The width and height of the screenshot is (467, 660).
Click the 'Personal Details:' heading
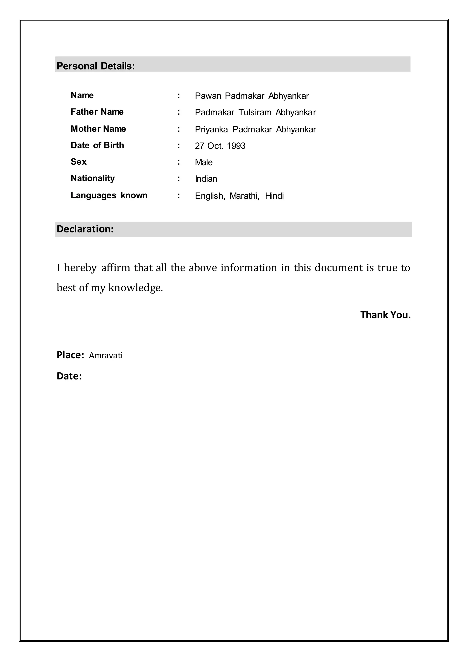point(96,66)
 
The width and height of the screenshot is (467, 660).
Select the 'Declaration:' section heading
point(85,229)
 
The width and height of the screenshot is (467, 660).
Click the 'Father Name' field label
point(97,112)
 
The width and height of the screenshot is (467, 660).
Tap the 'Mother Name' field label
point(98,129)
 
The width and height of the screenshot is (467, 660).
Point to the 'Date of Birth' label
point(97,145)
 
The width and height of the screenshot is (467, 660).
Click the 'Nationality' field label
point(93,178)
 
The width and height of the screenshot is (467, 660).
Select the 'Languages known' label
point(109,196)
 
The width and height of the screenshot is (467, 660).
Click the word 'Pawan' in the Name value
point(208,96)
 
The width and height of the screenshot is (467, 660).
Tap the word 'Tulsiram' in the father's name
point(255,112)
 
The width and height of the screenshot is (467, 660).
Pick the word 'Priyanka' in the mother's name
point(211,130)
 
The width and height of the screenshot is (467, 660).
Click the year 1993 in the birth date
point(236,146)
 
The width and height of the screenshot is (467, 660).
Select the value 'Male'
point(204,162)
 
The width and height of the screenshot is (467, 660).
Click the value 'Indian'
point(206,179)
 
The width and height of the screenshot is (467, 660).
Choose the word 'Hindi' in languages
point(274,196)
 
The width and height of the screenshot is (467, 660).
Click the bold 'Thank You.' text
point(385,315)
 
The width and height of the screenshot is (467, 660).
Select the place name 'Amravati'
point(106,356)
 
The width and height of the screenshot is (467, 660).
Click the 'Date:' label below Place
point(69,376)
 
